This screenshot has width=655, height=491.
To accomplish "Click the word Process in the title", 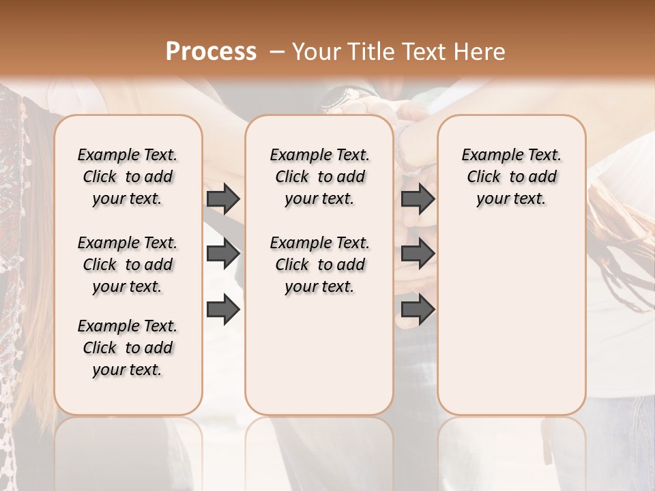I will point(211,52).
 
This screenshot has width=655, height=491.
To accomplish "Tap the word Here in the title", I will point(481,52).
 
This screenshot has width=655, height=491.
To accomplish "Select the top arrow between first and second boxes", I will point(223,198).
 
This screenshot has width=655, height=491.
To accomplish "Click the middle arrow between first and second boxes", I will point(223,254).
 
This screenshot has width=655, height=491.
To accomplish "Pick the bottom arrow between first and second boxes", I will point(223,310).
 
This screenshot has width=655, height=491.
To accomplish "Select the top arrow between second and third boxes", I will point(418,198).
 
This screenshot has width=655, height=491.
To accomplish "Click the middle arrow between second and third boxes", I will point(418,254).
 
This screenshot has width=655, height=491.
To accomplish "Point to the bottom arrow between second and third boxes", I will point(418,310).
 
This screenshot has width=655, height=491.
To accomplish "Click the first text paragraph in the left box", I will point(128,177).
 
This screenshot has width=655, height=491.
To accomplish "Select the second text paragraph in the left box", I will point(128,265).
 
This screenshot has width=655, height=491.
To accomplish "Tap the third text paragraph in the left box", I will point(128,348).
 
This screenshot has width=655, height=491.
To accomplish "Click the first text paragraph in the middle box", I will point(320,177).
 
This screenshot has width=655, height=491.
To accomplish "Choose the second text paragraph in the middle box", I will point(320,265).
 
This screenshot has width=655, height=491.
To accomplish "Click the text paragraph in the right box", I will point(512,177).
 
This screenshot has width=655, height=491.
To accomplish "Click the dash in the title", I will point(276,52).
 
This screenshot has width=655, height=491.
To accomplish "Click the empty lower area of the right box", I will point(512,327).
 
